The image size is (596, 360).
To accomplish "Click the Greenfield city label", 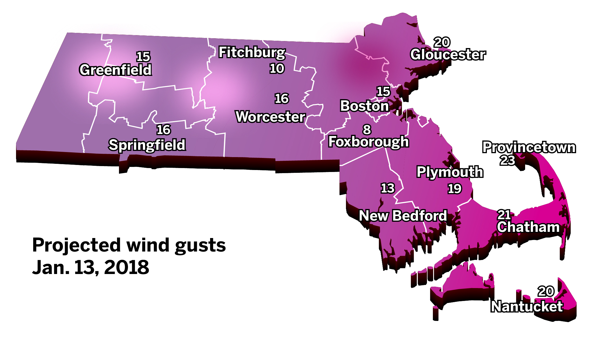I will (115, 70).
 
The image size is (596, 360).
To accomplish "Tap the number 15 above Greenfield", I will (143, 57).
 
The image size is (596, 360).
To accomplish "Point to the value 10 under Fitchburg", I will (277, 69).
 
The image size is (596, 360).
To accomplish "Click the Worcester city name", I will (270, 117).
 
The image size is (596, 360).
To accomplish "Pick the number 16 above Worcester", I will (282, 99).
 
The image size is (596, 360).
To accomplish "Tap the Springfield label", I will (147, 145).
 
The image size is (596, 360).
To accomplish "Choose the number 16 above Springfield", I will (163, 130).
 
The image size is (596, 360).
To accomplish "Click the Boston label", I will (365, 106).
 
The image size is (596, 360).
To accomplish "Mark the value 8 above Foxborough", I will (367, 130).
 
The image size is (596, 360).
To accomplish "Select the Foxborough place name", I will (368, 141).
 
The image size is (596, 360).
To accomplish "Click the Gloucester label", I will (448, 55).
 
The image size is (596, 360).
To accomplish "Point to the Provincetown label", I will (529, 147).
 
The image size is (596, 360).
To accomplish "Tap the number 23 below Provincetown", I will (507, 160).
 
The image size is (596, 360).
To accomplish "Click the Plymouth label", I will (450, 172).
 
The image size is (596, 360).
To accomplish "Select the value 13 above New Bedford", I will (388, 188).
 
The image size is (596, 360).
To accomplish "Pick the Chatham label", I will (528, 227).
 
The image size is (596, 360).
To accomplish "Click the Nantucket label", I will (527, 306).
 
